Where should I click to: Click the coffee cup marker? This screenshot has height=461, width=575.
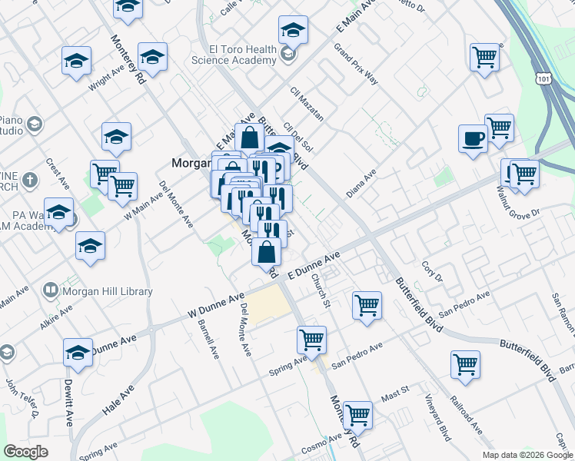pyautogui.click(x=473, y=140)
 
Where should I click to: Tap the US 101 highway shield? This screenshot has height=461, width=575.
pyautogui.click(x=543, y=78)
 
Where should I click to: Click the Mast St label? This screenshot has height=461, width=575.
pyautogui.click(x=394, y=393)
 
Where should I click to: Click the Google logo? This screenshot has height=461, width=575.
pyautogui.click(x=26, y=452)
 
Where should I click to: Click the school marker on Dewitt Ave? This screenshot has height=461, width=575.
pyautogui.click(x=78, y=353)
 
